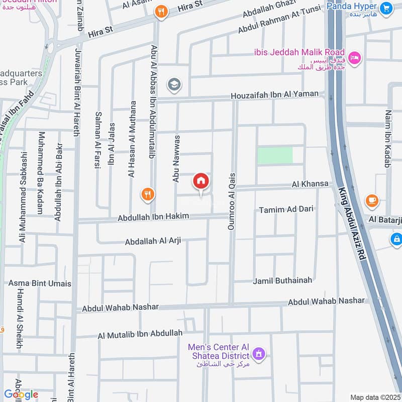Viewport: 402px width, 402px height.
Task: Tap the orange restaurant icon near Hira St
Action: coord(161,12)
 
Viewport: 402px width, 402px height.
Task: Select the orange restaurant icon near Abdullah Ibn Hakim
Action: coord(147,194)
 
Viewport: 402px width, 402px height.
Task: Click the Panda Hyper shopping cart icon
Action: coord(386,8)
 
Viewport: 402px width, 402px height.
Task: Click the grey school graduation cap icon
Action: coord(174,84)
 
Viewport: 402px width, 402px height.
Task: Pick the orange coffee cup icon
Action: coord(372,200)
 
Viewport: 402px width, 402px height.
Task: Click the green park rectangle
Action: coord(275,155)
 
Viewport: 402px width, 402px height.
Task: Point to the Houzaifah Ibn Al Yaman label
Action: coord(274,94)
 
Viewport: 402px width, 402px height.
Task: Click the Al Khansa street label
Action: coord(310,184)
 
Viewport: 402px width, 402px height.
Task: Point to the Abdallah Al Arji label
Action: coord(153,242)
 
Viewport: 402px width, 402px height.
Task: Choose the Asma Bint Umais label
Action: coord(40,283)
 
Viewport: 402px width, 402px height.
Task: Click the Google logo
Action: coord(21,394)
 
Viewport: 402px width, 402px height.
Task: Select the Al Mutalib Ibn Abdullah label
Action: coord(140,334)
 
